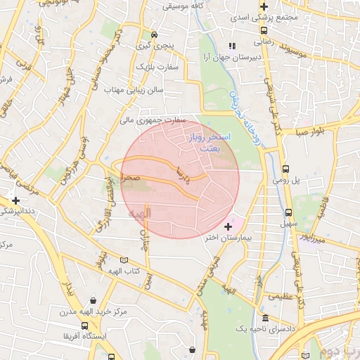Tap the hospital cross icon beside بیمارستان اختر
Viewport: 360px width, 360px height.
click(x=227, y=226)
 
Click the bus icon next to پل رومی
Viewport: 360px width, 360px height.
click(x=285, y=169)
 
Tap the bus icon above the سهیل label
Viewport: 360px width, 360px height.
click(x=288, y=212)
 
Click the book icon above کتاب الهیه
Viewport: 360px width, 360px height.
click(x=124, y=259)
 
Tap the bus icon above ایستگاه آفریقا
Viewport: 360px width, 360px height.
click(x=85, y=326)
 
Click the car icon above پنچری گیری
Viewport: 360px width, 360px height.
click(x=154, y=34)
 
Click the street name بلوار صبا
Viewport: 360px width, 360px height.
click(x=310, y=131)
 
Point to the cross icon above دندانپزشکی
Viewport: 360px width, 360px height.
click(x=15, y=200)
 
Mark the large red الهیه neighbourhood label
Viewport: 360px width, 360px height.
click(x=138, y=212)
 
